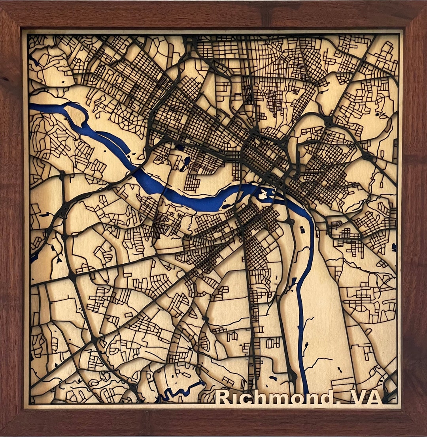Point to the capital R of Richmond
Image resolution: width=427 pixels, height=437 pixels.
pyautogui.click(x=222, y=398)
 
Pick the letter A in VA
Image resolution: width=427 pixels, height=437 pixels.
pyautogui.click(x=375, y=398)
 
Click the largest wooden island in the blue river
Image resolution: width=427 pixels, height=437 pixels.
pyautogui.click(x=263, y=194)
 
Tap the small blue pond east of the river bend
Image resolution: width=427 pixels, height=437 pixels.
pyautogui.click(x=303, y=230)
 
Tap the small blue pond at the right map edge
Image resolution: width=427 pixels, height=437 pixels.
pyautogui.click(x=394, y=247)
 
